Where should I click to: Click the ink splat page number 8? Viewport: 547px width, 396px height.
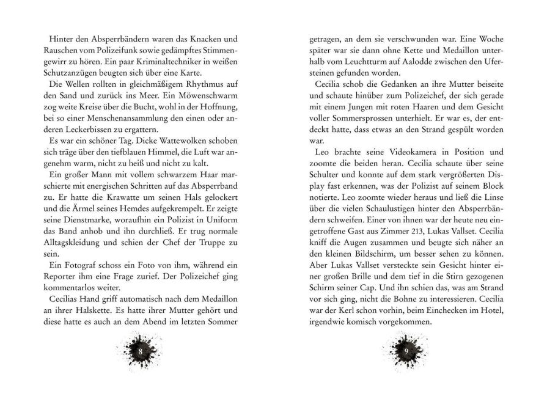click(x=141, y=353)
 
